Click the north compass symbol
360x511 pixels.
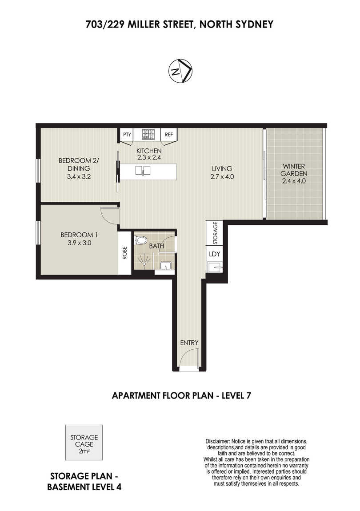(x=180, y=71)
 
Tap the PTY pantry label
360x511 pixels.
(x=127, y=134)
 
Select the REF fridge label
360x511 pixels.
(x=168, y=134)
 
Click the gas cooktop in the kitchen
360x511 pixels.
(x=148, y=134)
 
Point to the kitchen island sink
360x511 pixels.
(x=143, y=170)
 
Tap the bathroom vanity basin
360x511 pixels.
(x=166, y=267)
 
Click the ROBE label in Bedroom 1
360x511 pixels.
(x=124, y=252)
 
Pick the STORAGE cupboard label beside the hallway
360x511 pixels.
(x=215, y=233)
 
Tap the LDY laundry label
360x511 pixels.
(x=214, y=254)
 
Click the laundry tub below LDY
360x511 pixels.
(x=215, y=268)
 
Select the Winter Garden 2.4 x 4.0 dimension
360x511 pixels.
(x=294, y=181)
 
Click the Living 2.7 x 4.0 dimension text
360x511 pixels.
(x=222, y=177)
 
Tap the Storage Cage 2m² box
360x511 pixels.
(x=84, y=442)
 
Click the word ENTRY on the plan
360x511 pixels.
(x=189, y=343)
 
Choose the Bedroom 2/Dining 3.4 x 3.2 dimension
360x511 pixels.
(x=79, y=177)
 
